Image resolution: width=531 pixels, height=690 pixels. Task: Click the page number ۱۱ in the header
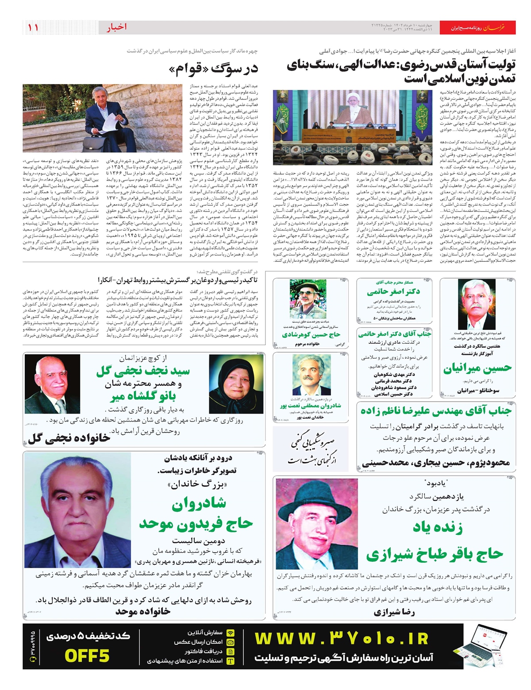click(x=33, y=27)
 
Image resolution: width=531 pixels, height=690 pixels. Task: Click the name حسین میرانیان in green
click(x=477, y=368)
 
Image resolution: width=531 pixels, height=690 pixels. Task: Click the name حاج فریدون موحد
click(x=196, y=525)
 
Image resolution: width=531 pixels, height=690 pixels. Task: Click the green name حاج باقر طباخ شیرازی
click(x=434, y=554)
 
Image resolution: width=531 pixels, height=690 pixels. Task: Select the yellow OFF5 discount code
click(x=87, y=655)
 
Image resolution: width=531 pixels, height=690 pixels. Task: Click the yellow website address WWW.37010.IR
click(x=342, y=639)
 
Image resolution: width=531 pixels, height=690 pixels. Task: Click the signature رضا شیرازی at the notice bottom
click(x=388, y=612)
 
